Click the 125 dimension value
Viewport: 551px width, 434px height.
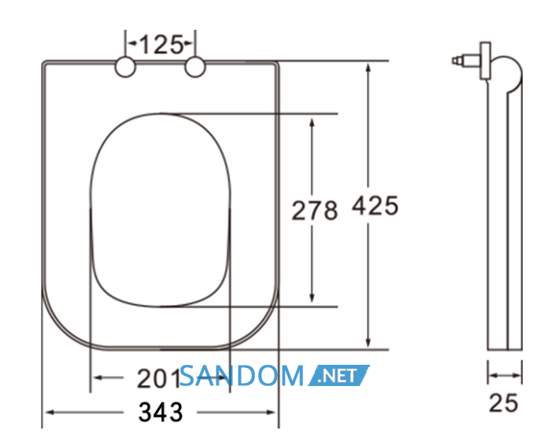click(x=161, y=45)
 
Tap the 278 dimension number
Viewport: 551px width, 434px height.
click(x=315, y=211)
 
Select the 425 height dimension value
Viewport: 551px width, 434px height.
click(x=375, y=205)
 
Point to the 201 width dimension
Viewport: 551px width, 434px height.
click(x=159, y=378)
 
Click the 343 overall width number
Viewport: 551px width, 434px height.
click(x=161, y=411)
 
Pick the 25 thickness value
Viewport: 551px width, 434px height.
click(x=503, y=403)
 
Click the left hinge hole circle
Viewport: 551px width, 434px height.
click(x=125, y=67)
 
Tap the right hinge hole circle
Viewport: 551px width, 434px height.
click(x=195, y=67)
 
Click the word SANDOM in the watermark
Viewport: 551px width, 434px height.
click(x=242, y=375)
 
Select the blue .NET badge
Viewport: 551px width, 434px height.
click(x=338, y=375)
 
